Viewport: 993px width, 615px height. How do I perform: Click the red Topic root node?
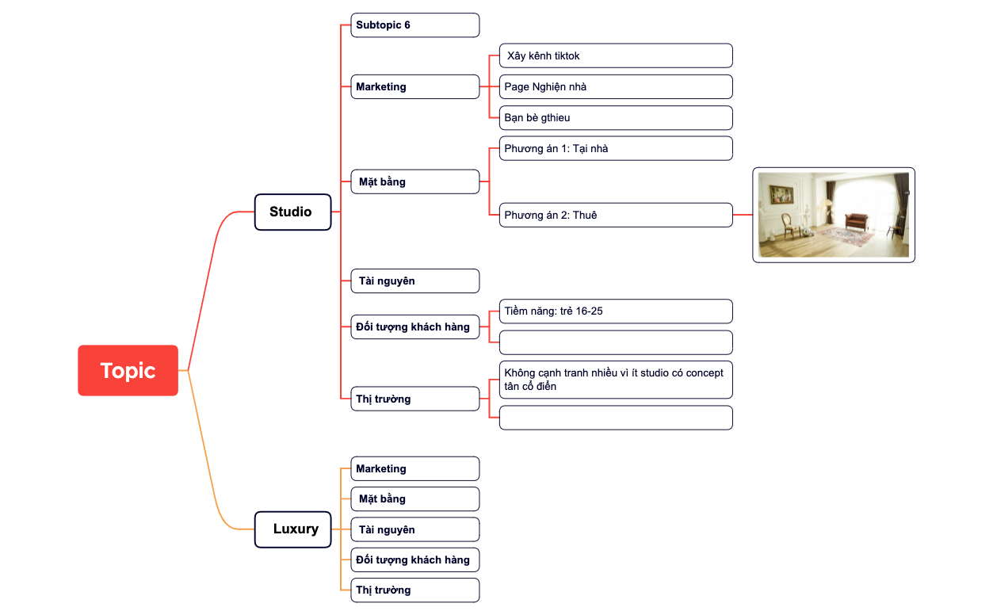[128, 370]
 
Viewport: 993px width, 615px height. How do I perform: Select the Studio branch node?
[292, 212]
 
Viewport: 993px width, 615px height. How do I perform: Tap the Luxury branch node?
[292, 529]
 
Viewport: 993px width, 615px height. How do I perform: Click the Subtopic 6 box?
[415, 25]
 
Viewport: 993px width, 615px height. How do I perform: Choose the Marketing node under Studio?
[415, 87]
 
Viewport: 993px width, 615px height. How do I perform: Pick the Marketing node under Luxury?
[415, 468]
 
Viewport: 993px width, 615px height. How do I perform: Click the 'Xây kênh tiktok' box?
[616, 55]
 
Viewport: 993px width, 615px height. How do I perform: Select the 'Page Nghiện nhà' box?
[616, 87]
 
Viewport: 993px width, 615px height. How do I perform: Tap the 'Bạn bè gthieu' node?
[616, 118]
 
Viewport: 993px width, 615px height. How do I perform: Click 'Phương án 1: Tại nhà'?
[616, 148]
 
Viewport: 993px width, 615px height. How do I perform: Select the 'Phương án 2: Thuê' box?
[616, 215]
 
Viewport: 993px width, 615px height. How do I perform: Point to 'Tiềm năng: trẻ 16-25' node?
[616, 311]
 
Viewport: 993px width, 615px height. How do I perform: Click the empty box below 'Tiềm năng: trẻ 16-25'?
[616, 342]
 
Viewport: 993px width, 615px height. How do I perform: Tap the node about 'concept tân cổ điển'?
[616, 380]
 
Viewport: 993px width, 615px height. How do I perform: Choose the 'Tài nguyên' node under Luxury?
[415, 529]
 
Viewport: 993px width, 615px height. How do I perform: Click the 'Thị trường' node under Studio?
[415, 399]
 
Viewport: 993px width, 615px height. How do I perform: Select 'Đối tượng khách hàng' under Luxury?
[415, 560]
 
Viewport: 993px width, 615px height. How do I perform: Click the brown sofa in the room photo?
[857, 220]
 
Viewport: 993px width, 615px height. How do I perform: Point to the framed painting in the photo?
[781, 194]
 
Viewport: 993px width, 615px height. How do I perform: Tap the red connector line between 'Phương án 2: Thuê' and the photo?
[743, 215]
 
